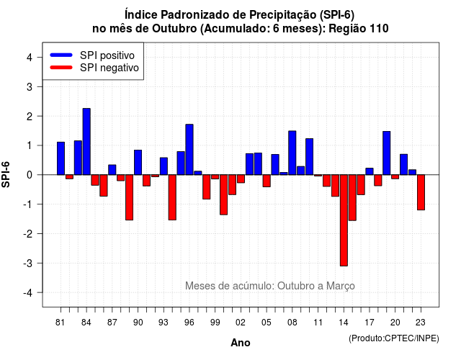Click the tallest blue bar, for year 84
86,142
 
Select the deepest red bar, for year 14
344,220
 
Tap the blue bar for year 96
189,150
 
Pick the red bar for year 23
421,192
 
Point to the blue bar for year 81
61,158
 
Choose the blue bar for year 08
292,153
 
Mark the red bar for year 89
130,197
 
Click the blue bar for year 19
387,153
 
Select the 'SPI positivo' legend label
107,55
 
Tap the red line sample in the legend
61,67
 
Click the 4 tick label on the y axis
30,57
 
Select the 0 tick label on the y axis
30,175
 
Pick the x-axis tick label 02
241,323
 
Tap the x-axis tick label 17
370,323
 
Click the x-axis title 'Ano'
241,343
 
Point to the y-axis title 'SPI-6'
6,174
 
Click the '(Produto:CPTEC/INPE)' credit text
394,338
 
